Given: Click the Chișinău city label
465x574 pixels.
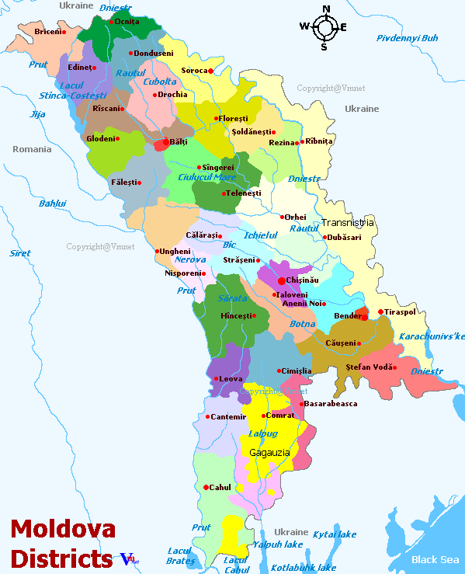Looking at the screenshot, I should pyautogui.click(x=302, y=280).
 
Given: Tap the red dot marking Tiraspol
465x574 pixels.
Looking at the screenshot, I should pyautogui.click(x=380, y=312).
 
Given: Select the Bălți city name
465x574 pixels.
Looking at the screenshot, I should pyautogui.click(x=178, y=143).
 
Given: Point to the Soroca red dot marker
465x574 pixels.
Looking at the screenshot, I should pyautogui.click(x=210, y=71).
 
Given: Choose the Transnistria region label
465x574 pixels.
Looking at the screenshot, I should pyautogui.click(x=348, y=223).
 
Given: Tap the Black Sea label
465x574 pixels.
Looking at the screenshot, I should pyautogui.click(x=434, y=559).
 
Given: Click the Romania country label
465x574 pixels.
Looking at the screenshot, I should pyautogui.click(x=32, y=148).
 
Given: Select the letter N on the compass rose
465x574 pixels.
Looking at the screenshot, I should pyautogui.click(x=326, y=9).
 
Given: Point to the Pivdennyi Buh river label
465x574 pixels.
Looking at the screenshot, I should pyautogui.click(x=407, y=38).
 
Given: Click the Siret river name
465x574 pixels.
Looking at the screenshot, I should pyautogui.click(x=20, y=253).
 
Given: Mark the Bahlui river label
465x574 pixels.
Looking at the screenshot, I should pyautogui.click(x=53, y=204).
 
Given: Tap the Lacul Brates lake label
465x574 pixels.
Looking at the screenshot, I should pyautogui.click(x=181, y=555).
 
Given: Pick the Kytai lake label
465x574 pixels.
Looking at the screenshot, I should pyautogui.click(x=335, y=534).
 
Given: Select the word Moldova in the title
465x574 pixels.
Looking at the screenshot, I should pyautogui.click(x=63, y=531).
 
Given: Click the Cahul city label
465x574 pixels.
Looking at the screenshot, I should pyautogui.click(x=221, y=487).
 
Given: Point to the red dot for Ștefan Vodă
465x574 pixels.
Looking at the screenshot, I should pyautogui.click(x=394, y=367).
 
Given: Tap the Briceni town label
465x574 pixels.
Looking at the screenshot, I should pyautogui.click(x=48, y=32).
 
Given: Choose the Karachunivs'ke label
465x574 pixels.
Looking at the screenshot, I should pyautogui.click(x=432, y=336).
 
